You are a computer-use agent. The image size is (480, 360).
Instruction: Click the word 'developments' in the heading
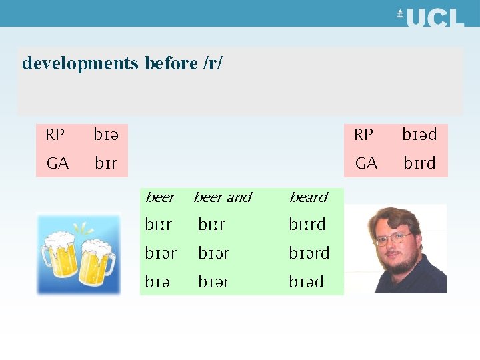coord(80,63)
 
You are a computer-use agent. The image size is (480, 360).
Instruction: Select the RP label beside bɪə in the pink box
coord(55,135)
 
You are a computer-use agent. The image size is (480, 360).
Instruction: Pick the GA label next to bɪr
coord(57,163)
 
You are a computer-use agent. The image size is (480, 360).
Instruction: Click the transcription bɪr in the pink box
coord(105,163)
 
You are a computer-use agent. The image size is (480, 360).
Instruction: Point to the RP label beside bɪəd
coord(364,135)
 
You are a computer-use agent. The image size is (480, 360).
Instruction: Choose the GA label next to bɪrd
coord(366,163)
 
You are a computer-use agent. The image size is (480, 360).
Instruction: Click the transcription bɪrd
coord(419,163)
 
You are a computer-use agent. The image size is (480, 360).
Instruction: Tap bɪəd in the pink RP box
coord(419,135)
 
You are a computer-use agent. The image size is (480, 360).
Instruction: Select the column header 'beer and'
coord(223,197)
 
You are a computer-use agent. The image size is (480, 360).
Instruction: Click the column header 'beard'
coord(309,197)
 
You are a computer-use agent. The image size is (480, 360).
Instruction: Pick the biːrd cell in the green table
coord(307,225)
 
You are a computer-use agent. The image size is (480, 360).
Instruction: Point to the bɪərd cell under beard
coord(309,253)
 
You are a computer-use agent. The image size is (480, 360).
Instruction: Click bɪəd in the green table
coord(306,282)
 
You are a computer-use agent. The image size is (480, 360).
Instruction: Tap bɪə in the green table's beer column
coord(157,282)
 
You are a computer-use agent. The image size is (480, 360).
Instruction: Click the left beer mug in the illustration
coord(61,257)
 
